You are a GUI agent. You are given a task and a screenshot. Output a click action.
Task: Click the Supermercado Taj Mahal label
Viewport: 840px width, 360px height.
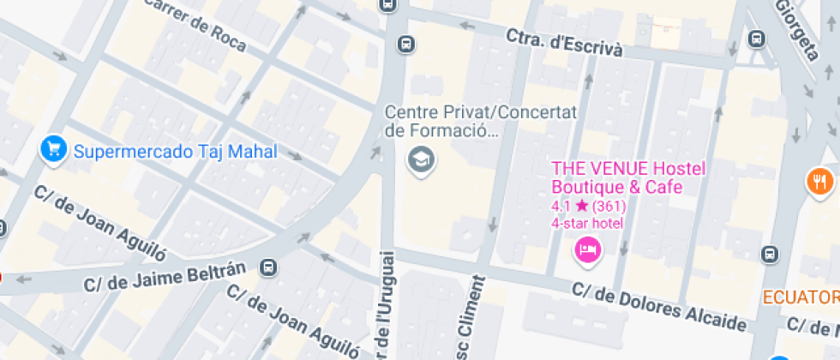click(x=175, y=152)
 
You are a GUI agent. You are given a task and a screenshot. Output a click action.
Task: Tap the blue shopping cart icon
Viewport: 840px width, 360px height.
click(x=53, y=149)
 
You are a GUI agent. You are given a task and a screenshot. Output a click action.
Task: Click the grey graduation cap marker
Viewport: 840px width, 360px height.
click(x=420, y=159)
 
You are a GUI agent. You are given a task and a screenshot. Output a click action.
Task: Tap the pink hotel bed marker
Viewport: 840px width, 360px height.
click(x=588, y=249)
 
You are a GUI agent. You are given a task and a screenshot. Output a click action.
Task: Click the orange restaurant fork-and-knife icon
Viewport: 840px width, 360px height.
click(x=820, y=181)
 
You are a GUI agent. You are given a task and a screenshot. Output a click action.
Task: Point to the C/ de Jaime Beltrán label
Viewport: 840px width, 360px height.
click(x=165, y=277)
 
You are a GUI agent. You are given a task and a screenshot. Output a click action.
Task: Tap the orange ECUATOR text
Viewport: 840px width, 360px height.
click(x=801, y=297)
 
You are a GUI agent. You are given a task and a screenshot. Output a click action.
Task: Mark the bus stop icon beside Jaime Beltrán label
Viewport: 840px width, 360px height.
click(x=269, y=267)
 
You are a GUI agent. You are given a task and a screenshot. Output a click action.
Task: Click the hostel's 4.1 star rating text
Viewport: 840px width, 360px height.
click(x=589, y=206)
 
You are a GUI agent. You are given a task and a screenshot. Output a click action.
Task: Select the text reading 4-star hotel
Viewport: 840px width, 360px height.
click(x=586, y=223)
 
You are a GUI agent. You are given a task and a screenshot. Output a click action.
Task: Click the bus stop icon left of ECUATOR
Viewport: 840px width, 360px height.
click(x=770, y=254)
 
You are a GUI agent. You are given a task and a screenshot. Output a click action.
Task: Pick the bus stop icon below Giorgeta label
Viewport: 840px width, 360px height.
click(x=757, y=39)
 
